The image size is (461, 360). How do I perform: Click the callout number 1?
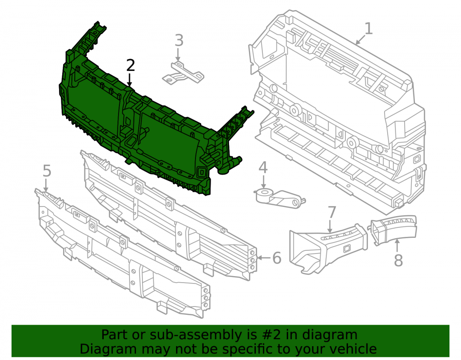(369, 29)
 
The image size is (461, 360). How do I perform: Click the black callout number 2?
(130, 65)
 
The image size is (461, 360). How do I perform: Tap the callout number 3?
(179, 41)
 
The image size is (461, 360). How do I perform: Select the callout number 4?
(263, 167)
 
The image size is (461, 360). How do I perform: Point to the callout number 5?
(47, 171)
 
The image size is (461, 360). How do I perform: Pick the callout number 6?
(277, 258)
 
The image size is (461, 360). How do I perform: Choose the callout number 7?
(332, 212)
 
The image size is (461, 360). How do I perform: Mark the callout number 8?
(398, 260)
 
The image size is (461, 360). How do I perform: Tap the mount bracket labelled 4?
(279, 198)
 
